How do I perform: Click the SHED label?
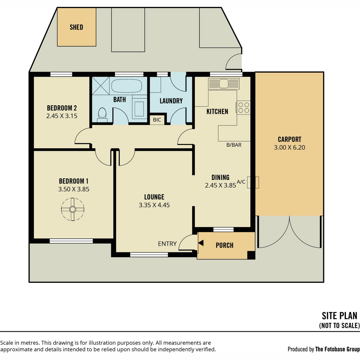click(x=76, y=27)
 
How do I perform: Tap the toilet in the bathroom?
click(x=102, y=115)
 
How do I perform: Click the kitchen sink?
click(x=224, y=83)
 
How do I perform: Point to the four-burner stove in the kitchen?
click(x=244, y=108)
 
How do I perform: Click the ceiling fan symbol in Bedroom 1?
click(x=73, y=209)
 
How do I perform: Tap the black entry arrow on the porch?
click(x=201, y=243)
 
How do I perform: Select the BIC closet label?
click(x=157, y=120)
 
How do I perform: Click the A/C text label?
click(x=241, y=182)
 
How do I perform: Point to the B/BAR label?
click(x=234, y=145)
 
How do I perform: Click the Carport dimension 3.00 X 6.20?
click(x=289, y=147)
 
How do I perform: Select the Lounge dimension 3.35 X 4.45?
click(x=154, y=205)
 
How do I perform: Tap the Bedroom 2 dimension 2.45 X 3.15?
click(x=62, y=116)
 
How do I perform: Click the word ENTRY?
click(x=167, y=244)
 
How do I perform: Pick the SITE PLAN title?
click(x=339, y=316)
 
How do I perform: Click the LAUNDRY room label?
click(x=171, y=101)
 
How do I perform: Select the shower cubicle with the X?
click(x=101, y=86)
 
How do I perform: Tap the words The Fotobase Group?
click(x=337, y=349)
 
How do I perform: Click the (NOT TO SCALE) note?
click(x=339, y=325)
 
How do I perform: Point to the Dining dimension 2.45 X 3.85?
click(x=220, y=185)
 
